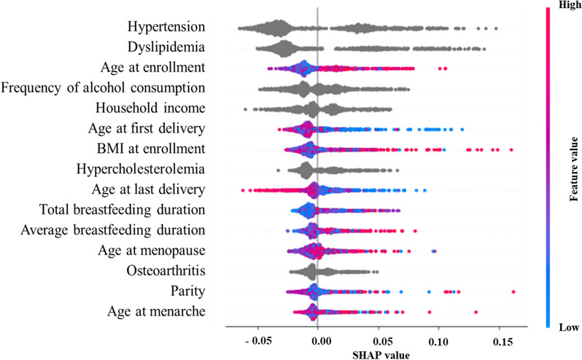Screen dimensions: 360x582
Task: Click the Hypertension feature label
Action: click(x=166, y=28)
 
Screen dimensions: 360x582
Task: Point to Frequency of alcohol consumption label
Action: click(x=103, y=89)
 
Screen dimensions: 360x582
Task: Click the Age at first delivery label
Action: click(x=150, y=130)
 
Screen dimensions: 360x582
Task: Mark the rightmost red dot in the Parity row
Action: click(x=514, y=291)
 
